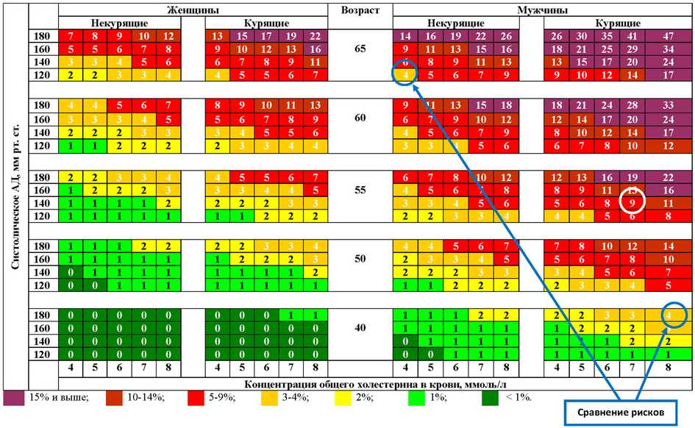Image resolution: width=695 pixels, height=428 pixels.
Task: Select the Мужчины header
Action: [x=543, y=11]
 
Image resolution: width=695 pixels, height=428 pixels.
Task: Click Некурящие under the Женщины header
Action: [x=118, y=23]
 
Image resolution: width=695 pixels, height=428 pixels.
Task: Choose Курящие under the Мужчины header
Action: [x=616, y=23]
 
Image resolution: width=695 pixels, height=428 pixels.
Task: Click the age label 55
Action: [x=360, y=189]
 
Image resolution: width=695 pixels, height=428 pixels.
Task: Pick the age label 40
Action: [x=360, y=327]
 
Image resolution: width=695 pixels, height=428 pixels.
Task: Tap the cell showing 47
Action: [x=667, y=36]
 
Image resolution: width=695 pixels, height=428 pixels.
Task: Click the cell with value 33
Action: [x=667, y=105]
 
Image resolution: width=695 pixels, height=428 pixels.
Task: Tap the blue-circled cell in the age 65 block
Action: [x=405, y=74]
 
